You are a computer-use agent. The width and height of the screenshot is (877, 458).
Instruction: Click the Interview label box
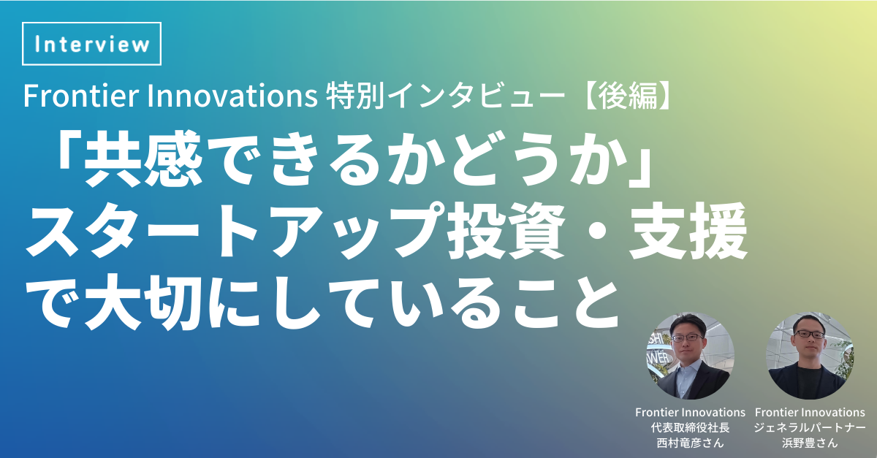click(x=91, y=43)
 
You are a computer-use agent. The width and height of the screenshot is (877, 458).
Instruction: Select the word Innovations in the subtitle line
click(x=232, y=96)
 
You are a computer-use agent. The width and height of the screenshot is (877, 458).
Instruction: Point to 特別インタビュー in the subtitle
click(x=446, y=96)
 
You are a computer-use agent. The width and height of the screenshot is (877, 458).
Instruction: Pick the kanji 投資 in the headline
click(x=506, y=230)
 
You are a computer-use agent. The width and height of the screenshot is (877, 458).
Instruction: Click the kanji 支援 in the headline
click(x=688, y=230)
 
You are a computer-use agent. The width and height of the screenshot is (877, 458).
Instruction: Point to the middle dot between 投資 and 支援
click(x=597, y=232)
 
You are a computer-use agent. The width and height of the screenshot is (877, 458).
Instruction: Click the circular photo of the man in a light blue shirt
click(x=690, y=356)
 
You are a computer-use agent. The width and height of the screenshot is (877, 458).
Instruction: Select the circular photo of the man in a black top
click(x=810, y=356)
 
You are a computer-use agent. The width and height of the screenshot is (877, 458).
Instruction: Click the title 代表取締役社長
click(x=690, y=428)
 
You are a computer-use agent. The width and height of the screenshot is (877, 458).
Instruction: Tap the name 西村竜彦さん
click(x=690, y=443)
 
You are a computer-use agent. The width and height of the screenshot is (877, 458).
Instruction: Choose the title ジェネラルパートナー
click(x=810, y=428)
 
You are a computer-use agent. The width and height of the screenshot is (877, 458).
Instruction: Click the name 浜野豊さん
click(x=810, y=443)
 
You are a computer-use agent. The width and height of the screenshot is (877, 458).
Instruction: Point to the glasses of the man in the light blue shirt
click(x=687, y=337)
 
